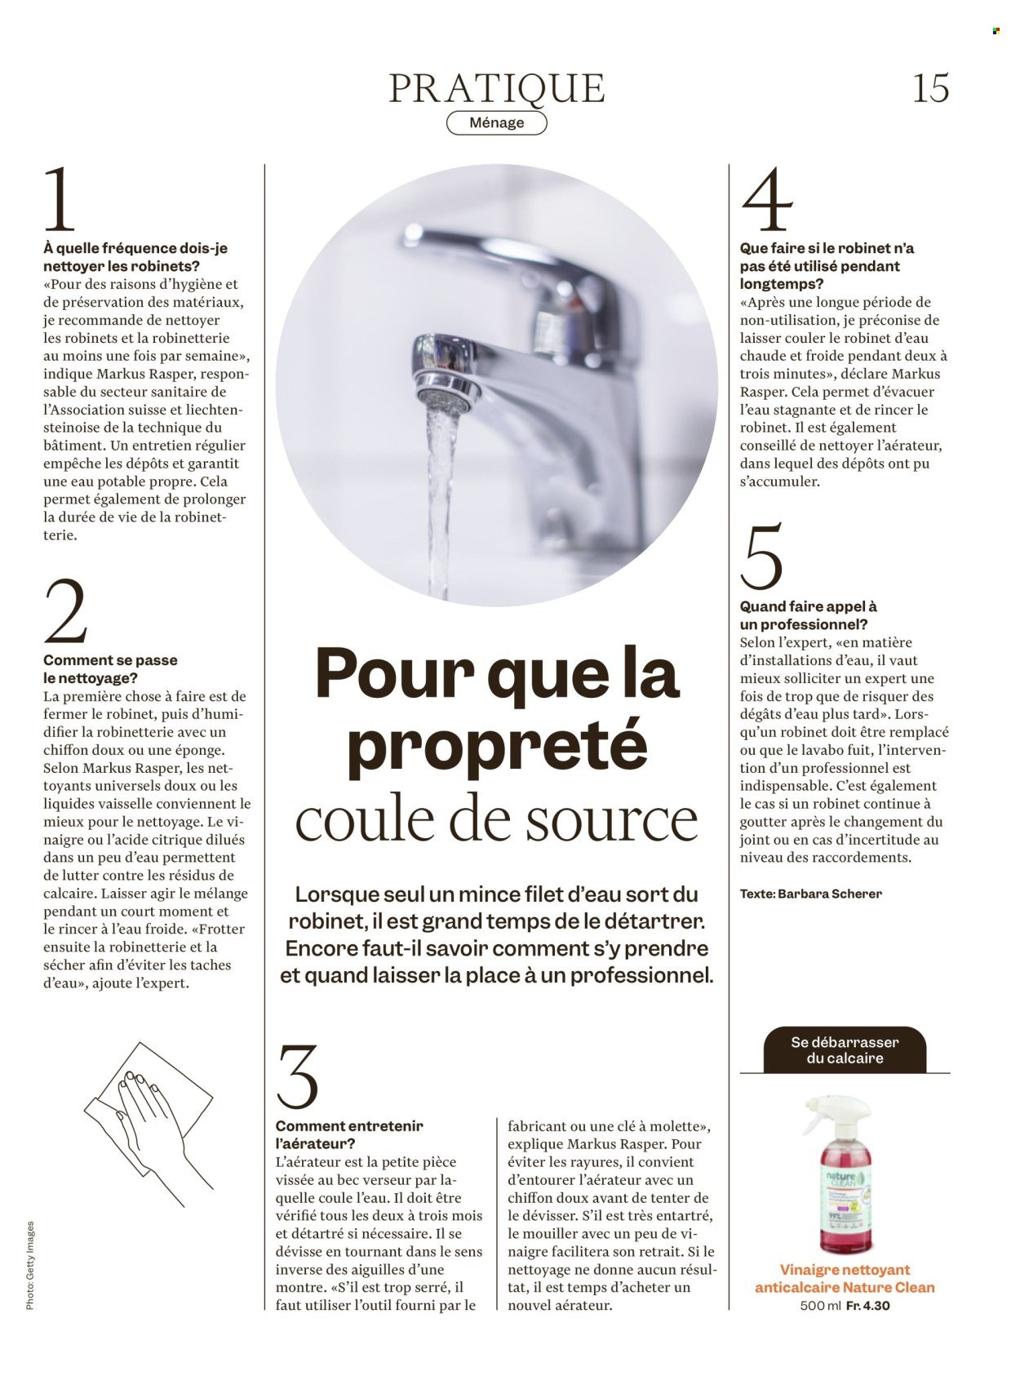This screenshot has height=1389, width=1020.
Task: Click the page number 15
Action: pyautogui.click(x=930, y=88)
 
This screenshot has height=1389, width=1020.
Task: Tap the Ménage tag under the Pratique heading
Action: pyautogui.click(x=497, y=122)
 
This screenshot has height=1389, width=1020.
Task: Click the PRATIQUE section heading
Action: pyautogui.click(x=497, y=88)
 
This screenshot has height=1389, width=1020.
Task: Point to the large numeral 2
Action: pyautogui.click(x=65, y=612)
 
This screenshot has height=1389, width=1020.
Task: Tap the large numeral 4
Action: pyautogui.click(x=767, y=200)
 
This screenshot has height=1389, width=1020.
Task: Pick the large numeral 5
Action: pyautogui.click(x=761, y=557)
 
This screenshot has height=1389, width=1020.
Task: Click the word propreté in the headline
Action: pyautogui.click(x=497, y=744)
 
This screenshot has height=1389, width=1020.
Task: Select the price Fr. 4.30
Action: pyautogui.click(x=867, y=1305)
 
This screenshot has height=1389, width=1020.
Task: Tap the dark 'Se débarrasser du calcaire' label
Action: pyautogui.click(x=845, y=1050)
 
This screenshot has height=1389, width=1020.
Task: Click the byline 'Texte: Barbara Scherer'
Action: pyautogui.click(x=810, y=894)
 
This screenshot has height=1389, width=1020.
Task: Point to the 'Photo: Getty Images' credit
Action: pyautogui.click(x=30, y=1265)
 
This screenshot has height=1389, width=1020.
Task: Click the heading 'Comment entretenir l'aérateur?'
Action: pyautogui.click(x=349, y=1134)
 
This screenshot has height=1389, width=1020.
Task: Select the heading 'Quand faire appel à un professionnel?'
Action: pyautogui.click(x=808, y=615)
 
